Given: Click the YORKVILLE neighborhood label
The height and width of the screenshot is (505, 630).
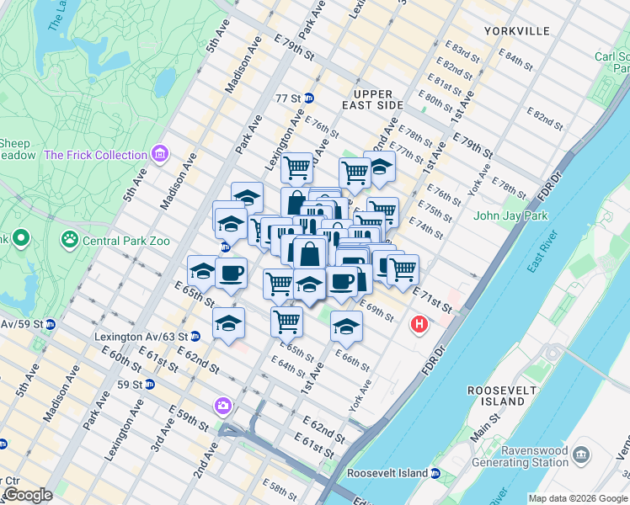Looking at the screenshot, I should [x=517, y=31].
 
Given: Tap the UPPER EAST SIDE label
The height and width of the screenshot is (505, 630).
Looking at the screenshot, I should [x=373, y=99].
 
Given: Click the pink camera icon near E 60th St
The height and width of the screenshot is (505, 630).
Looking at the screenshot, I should [x=223, y=406].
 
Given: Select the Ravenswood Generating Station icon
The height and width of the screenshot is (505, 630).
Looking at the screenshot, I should [x=581, y=455].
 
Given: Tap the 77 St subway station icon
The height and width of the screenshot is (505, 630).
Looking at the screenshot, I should [x=309, y=98].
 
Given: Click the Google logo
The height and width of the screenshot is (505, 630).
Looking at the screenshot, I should [x=27, y=494].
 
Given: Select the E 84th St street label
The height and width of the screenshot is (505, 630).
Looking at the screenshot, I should [x=512, y=57].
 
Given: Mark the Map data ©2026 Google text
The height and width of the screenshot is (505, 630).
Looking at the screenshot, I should [x=577, y=498].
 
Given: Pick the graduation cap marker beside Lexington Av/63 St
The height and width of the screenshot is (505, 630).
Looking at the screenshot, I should [x=228, y=323].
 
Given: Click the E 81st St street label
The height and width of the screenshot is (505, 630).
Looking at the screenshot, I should [x=445, y=85].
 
